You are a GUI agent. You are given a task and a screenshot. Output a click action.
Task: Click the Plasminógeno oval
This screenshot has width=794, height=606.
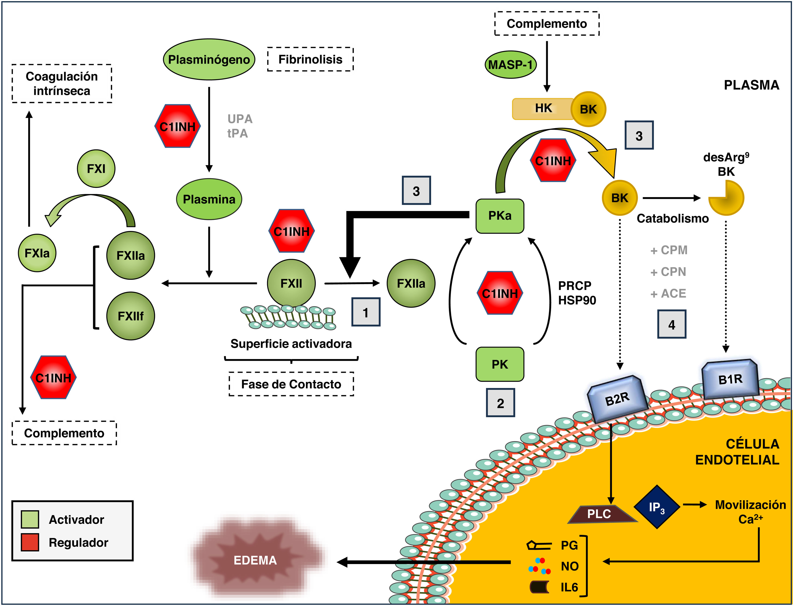click(x=209, y=60)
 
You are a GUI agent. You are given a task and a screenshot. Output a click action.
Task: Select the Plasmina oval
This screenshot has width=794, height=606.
click(x=209, y=199)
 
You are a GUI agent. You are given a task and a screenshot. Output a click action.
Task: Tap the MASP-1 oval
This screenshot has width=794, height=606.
click(x=510, y=65)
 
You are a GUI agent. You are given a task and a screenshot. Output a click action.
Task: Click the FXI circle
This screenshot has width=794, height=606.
click(x=96, y=168)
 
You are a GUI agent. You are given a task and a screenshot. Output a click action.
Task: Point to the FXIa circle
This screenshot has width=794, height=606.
click(x=37, y=253)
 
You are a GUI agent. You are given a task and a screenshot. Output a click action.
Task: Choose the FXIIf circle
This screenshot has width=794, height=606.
click(x=131, y=316)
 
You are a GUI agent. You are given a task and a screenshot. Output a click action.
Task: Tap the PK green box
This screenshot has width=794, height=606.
click(x=500, y=364)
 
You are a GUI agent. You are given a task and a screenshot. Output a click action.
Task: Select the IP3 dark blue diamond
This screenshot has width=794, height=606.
click(x=657, y=507)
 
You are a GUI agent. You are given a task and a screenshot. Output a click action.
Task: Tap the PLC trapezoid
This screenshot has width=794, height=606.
click(x=601, y=514)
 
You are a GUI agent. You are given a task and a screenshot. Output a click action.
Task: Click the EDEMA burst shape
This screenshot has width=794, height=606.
click(x=255, y=560)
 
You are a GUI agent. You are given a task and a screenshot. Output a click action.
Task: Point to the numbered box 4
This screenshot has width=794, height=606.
click(x=671, y=324)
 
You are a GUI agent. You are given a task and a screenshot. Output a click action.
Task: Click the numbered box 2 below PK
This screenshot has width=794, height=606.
click(x=500, y=403)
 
